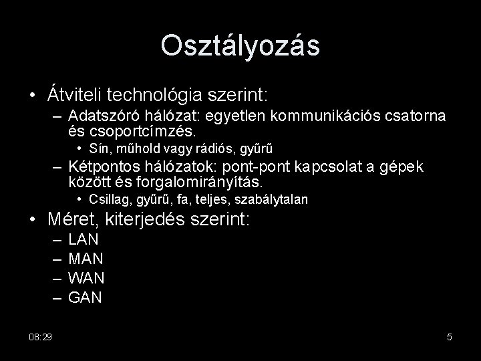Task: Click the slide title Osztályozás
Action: tap(240, 45)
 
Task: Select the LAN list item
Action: tap(84, 239)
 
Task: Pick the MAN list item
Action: tap(86, 258)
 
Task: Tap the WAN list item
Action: tap(86, 277)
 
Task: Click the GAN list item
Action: tap(86, 296)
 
